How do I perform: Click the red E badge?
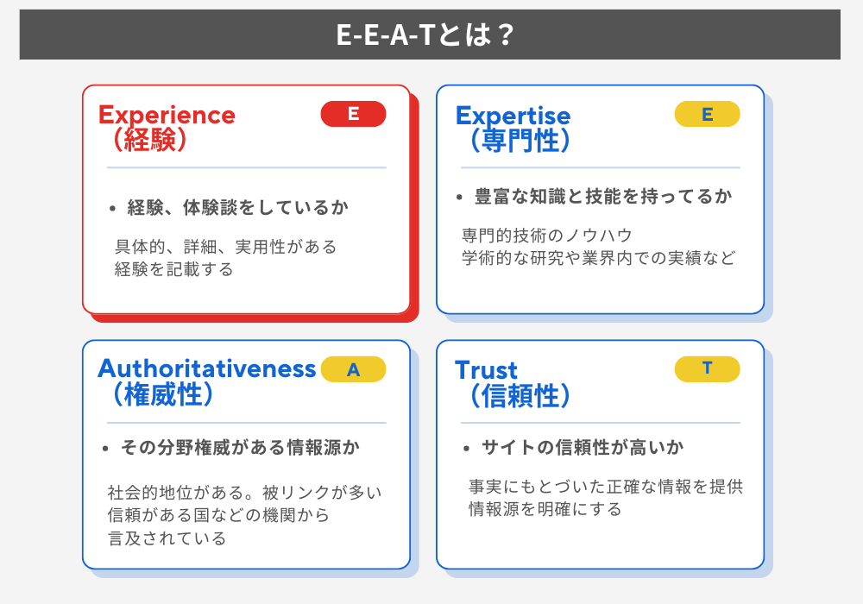click(353, 114)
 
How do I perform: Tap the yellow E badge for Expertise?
click(707, 114)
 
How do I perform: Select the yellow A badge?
click(353, 369)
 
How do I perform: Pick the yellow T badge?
click(707, 368)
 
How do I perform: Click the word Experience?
click(167, 115)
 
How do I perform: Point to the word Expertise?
click(513, 116)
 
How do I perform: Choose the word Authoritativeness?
click(207, 368)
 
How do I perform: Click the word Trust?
click(486, 371)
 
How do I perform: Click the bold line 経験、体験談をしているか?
click(237, 208)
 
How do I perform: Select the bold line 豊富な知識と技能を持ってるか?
click(602, 197)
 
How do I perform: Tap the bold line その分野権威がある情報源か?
click(240, 448)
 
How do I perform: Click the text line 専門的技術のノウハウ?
click(547, 236)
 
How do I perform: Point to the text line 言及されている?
click(167, 538)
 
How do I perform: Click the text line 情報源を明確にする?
click(545, 509)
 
